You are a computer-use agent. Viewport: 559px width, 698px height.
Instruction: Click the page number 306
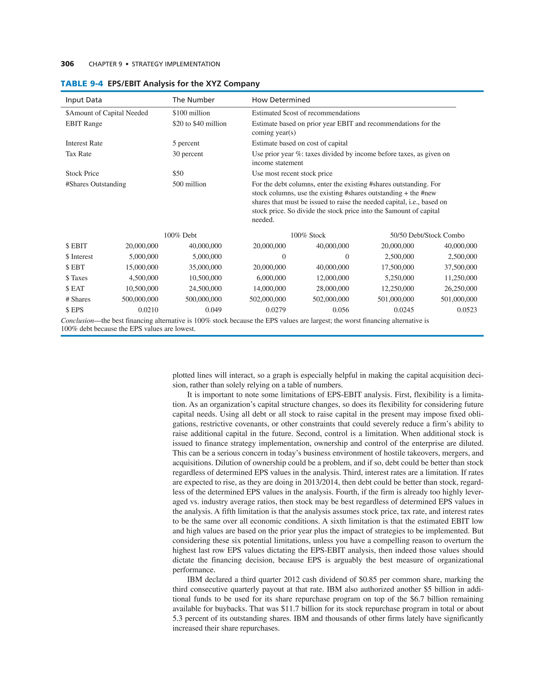(67, 64)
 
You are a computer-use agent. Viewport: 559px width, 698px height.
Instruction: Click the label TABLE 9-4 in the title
(82, 84)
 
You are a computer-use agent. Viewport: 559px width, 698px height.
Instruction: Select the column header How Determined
(281, 100)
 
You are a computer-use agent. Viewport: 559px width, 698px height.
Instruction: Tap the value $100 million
(191, 113)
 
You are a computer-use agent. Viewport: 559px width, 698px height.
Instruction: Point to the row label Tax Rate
(78, 154)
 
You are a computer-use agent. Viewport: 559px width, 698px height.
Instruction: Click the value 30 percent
(188, 154)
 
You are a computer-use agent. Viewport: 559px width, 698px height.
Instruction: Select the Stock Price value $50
(178, 173)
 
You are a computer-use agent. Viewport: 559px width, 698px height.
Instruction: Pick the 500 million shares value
(189, 184)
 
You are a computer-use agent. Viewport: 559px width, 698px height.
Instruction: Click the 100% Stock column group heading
(308, 235)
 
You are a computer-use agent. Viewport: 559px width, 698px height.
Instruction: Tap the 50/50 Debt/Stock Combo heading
(427, 235)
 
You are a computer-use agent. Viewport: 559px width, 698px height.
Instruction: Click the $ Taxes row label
(76, 278)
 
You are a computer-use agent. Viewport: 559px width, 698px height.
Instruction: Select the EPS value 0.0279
(276, 310)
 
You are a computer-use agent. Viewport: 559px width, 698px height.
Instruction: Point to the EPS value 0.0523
(467, 310)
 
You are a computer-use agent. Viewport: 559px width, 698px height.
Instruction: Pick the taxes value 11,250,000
(461, 278)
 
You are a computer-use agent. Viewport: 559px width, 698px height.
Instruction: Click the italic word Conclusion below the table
(77, 321)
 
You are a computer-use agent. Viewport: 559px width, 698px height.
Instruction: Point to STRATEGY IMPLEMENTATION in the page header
(176, 64)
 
